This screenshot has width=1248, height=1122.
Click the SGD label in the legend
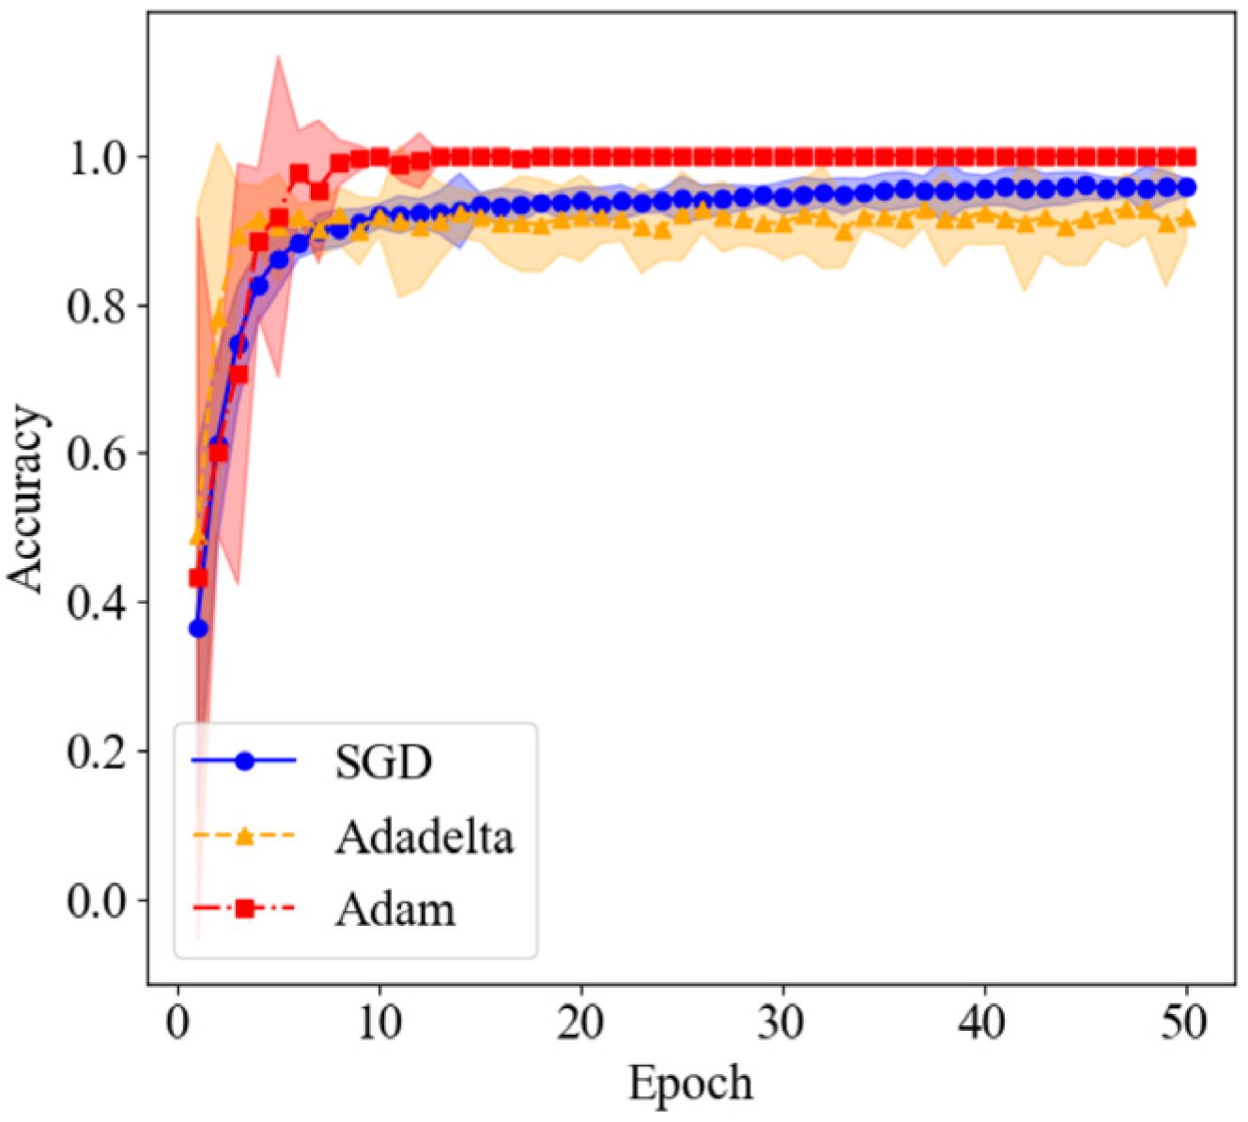(383, 762)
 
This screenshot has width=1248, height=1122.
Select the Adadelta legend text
(424, 836)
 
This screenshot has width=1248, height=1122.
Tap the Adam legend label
(395, 909)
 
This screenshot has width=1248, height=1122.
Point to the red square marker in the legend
(244, 908)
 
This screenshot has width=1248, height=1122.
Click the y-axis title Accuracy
(28, 499)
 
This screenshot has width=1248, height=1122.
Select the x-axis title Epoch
(690, 1084)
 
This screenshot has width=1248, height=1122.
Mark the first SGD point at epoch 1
(198, 628)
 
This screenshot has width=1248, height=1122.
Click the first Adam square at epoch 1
(198, 577)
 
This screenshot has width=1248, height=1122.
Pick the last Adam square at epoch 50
(1187, 156)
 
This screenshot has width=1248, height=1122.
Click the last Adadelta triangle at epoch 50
(1187, 219)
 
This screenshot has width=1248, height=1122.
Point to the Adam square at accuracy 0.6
(219, 453)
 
